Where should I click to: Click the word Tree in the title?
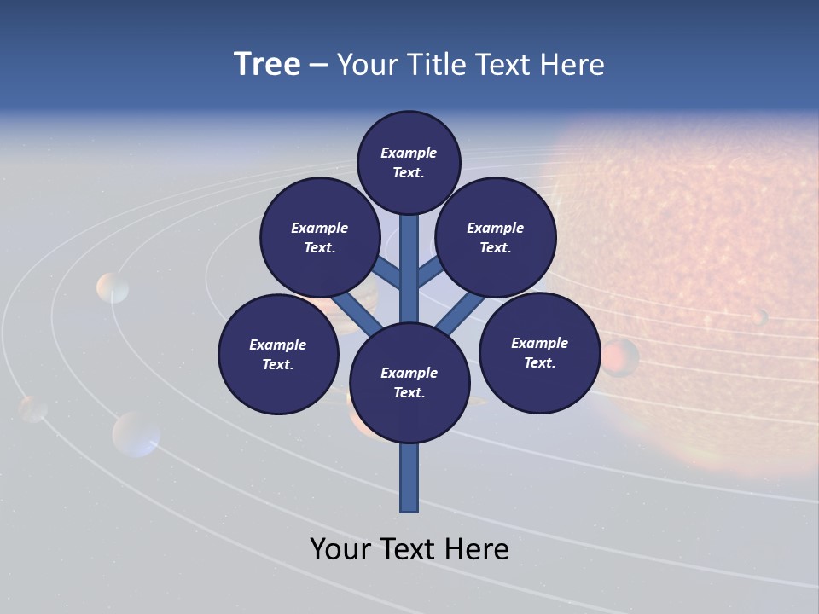267,65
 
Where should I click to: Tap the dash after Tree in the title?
318,66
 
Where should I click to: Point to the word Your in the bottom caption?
341,549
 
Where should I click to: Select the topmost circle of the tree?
409,162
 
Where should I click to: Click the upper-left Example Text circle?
320,237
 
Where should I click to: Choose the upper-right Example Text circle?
496,237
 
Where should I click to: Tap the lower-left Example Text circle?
278,354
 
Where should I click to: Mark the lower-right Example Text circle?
540,352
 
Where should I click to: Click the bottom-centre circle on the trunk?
409,383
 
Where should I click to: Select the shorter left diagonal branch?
386,272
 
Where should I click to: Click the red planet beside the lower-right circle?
620,356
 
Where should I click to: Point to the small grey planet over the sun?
758,317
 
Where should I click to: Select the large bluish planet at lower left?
136,433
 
